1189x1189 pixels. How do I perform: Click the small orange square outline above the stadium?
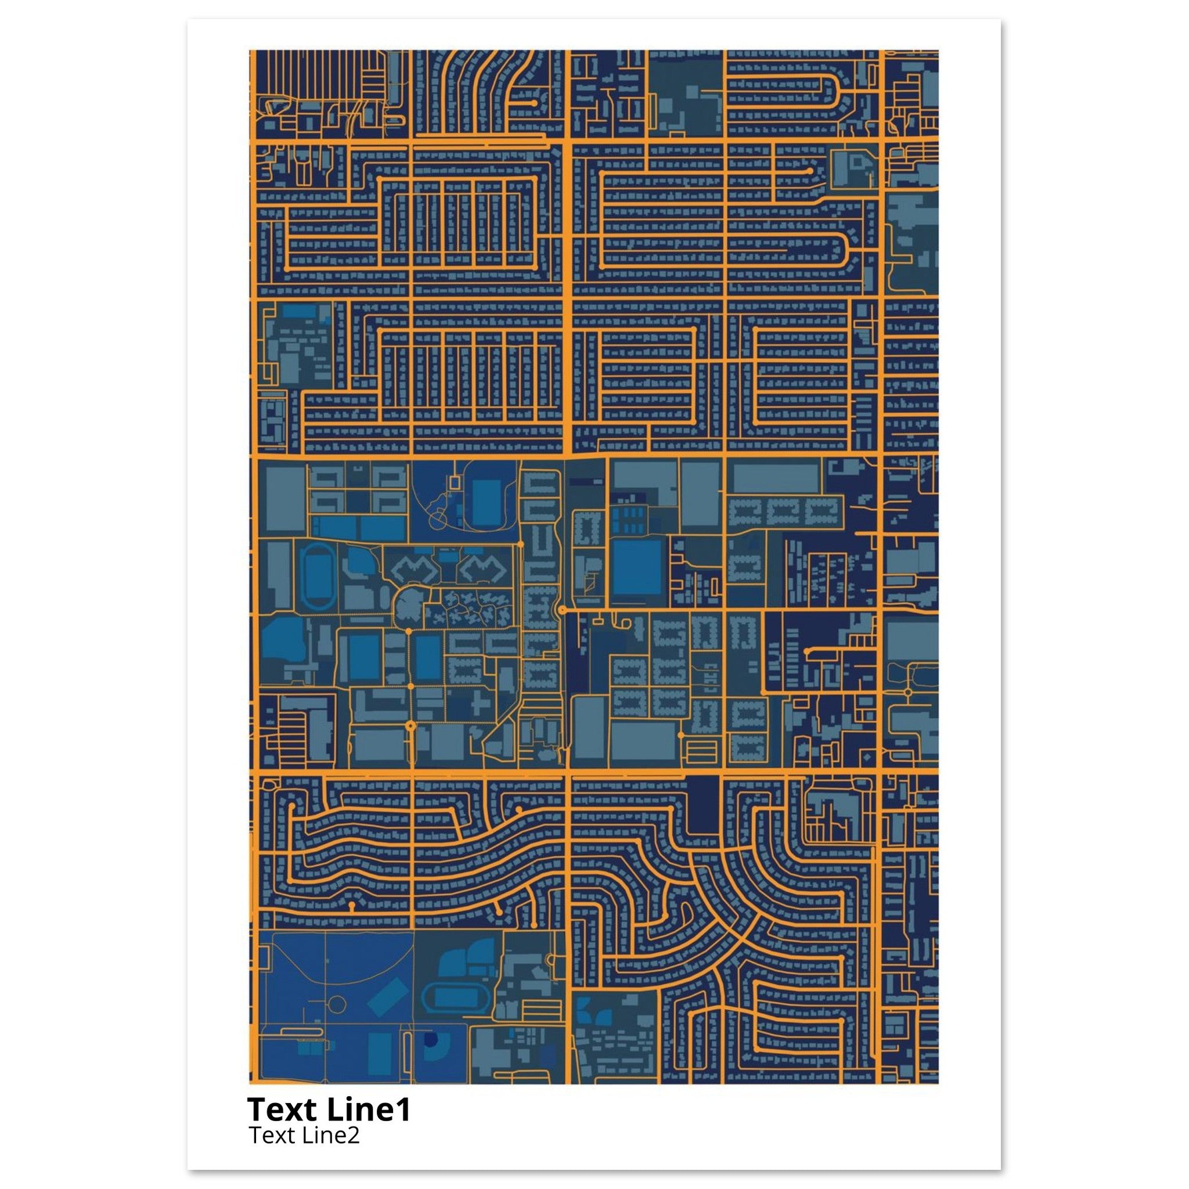pyautogui.click(x=455, y=482)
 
